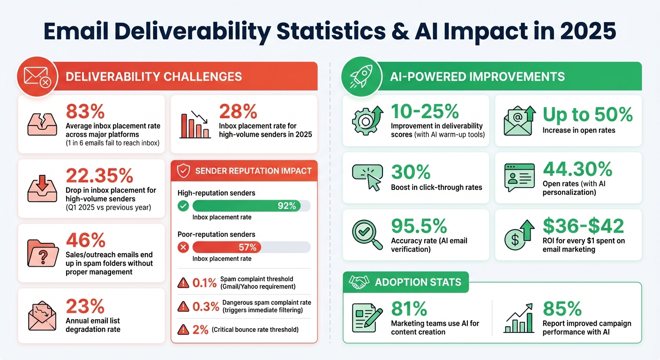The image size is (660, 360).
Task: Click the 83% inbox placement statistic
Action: (x=85, y=112)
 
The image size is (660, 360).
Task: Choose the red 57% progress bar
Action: (x=227, y=247)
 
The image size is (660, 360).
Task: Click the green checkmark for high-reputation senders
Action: (x=184, y=206)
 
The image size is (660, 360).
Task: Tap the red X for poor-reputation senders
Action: (x=184, y=247)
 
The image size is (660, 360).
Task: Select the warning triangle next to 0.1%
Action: (x=183, y=283)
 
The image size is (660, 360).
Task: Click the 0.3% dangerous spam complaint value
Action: (x=206, y=307)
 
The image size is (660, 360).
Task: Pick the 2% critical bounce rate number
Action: (x=200, y=330)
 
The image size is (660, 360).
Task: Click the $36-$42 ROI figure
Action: (x=583, y=226)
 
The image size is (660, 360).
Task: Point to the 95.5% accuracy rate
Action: (x=419, y=226)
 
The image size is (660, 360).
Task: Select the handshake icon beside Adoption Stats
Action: (x=359, y=282)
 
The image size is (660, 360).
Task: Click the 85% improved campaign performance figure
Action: (x=562, y=308)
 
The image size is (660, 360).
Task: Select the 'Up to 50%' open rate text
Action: (x=588, y=114)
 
